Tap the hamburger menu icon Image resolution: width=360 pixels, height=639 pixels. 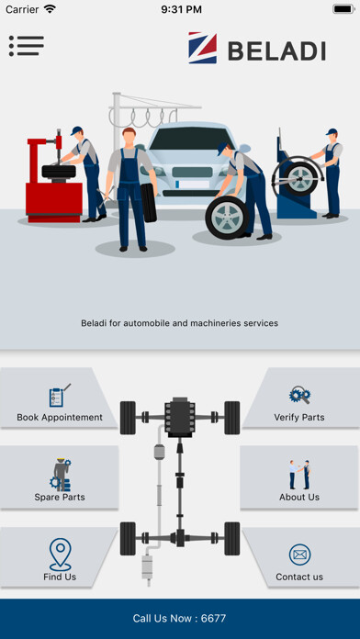pyautogui.click(x=27, y=46)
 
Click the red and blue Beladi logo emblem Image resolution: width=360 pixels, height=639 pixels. pyautogui.click(x=203, y=48)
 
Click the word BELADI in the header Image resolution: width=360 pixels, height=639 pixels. pyautogui.click(x=276, y=51)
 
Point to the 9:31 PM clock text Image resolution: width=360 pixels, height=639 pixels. pyautogui.click(x=181, y=9)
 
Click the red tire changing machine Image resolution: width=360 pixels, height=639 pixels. pyautogui.click(x=53, y=179)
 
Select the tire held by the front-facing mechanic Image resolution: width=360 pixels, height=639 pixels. pyautogui.click(x=149, y=203)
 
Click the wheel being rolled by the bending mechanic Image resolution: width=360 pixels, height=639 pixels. pyautogui.click(x=227, y=218)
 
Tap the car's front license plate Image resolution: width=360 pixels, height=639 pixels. pyautogui.click(x=193, y=184)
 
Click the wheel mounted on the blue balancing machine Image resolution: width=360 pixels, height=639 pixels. pyautogui.click(x=301, y=179)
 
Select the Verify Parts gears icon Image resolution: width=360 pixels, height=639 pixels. pyautogui.click(x=299, y=395)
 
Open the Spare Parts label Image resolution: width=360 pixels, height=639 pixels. pyautogui.click(x=60, y=498)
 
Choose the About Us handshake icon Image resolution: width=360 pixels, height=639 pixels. pyautogui.click(x=299, y=475)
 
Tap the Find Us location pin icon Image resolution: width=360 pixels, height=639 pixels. pyautogui.click(x=60, y=554)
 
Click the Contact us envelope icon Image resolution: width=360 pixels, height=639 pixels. pyautogui.click(x=299, y=555)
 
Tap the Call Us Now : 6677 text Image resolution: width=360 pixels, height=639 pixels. pyautogui.click(x=179, y=618)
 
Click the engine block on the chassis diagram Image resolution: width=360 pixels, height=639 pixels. pyautogui.click(x=180, y=417)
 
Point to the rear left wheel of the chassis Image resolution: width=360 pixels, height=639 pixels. pyautogui.click(x=128, y=538)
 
